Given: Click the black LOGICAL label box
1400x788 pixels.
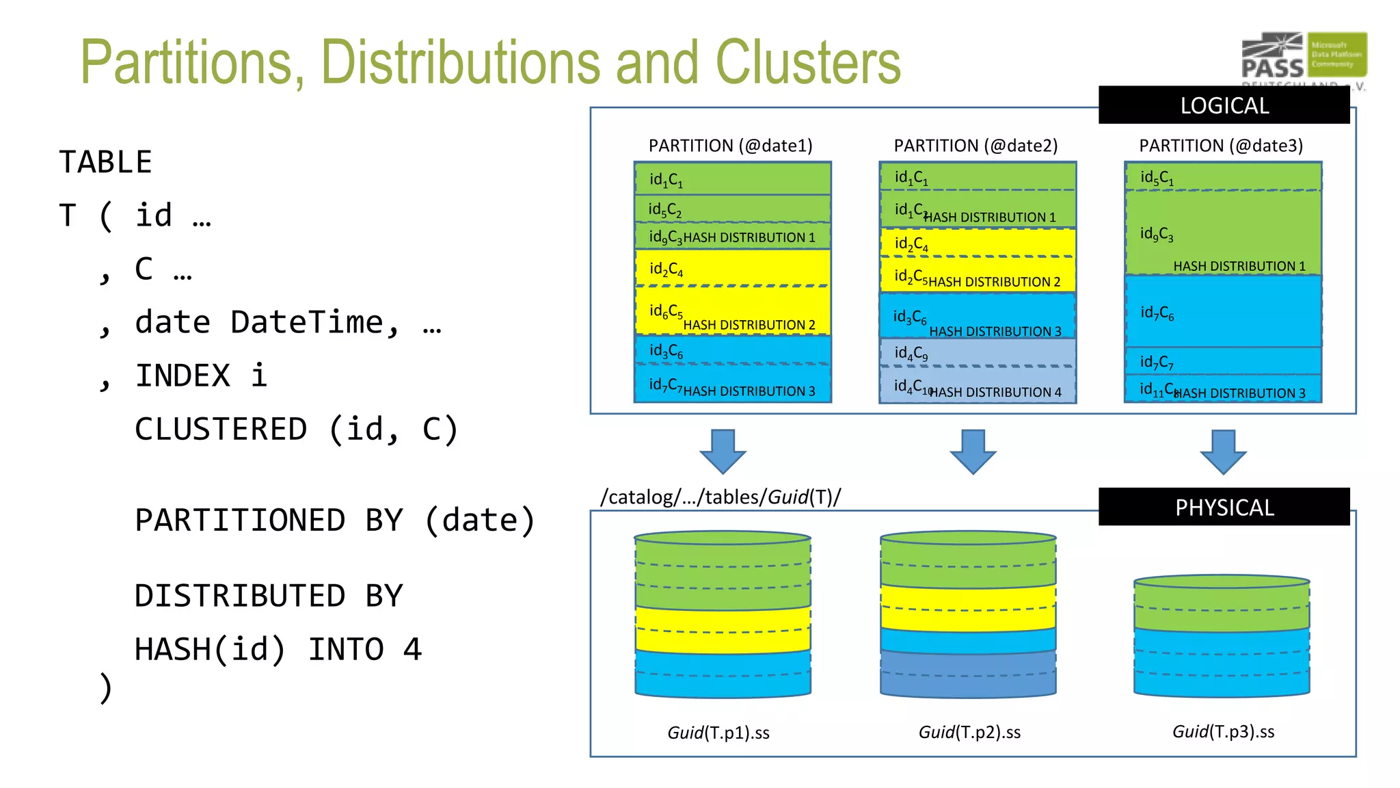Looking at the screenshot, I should coord(1224,105).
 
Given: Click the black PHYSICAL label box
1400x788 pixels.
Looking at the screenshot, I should coord(1224,507).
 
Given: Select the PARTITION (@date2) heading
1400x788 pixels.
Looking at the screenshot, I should coord(975,146).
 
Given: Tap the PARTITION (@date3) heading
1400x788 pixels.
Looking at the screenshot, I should coord(1221,146).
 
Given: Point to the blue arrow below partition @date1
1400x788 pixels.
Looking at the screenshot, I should coord(723,451).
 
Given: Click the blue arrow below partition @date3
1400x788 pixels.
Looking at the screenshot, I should coord(1223,451).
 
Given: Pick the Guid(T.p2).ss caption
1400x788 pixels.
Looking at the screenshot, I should coord(969,733).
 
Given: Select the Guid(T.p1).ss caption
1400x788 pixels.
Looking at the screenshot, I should coord(718,733).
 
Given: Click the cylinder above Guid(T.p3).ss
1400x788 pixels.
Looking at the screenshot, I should coord(1222,636).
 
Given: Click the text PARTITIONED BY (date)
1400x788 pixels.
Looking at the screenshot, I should coord(335,521).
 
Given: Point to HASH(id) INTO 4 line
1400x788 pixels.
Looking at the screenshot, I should coord(278,649).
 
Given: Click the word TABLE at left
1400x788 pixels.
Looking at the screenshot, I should coord(105,163).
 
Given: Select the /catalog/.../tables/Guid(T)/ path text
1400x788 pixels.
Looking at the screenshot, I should coord(721,497).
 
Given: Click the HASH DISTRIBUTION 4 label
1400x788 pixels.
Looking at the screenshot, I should coord(995,392).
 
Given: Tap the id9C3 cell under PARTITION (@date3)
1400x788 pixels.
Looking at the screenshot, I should coord(1157,234).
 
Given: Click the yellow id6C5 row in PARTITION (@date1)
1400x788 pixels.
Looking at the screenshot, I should coord(731,311).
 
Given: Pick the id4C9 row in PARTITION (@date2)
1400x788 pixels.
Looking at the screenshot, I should coord(978,353).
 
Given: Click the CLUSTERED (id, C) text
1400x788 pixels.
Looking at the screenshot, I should coord(296,430).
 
